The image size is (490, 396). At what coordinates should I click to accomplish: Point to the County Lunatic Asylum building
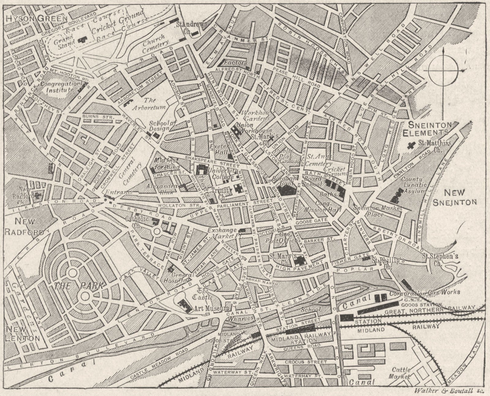click(398, 195)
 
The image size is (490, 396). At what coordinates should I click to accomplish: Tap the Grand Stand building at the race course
click(82, 40)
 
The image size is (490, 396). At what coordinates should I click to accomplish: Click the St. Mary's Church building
click(299, 261)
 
